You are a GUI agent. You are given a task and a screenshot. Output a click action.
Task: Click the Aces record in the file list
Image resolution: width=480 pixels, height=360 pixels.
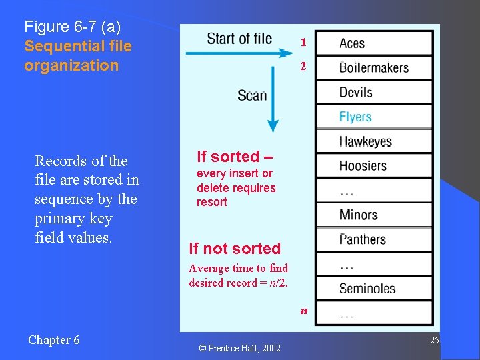click(x=373, y=43)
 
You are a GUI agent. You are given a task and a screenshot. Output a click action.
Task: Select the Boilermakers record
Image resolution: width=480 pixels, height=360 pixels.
click(x=373, y=67)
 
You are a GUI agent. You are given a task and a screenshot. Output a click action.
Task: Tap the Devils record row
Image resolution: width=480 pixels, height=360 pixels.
click(x=373, y=92)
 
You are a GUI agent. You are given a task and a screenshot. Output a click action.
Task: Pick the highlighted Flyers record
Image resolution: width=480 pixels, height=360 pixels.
click(x=373, y=117)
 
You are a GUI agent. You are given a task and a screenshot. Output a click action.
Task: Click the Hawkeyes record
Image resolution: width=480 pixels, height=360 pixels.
click(x=373, y=141)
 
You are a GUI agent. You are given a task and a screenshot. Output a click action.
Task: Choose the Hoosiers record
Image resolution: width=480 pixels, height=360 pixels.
click(x=373, y=166)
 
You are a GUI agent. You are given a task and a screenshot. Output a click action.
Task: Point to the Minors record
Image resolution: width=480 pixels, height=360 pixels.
click(x=373, y=215)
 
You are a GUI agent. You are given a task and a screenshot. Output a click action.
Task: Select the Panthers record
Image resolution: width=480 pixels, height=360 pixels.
click(x=373, y=239)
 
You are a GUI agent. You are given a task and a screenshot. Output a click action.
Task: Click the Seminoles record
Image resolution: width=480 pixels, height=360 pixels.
click(x=373, y=289)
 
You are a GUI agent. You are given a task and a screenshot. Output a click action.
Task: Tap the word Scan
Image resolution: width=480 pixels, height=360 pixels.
click(x=252, y=95)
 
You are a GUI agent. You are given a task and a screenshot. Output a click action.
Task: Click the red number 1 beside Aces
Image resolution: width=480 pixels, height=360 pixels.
click(x=303, y=43)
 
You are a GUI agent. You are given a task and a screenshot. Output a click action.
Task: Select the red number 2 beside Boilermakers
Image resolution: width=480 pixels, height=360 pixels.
click(x=303, y=67)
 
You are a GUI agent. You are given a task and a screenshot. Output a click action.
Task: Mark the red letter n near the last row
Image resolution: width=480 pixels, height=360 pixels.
click(x=304, y=311)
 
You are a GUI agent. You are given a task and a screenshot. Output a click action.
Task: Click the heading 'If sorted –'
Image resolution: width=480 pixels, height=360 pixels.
click(x=233, y=157)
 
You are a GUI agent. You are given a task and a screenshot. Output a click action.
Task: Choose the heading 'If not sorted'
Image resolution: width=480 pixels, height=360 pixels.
click(x=235, y=249)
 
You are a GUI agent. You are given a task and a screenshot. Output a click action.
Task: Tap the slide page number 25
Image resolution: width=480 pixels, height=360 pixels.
click(x=434, y=341)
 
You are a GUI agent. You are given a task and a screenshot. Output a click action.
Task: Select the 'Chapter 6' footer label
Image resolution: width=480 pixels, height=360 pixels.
click(x=54, y=340)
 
